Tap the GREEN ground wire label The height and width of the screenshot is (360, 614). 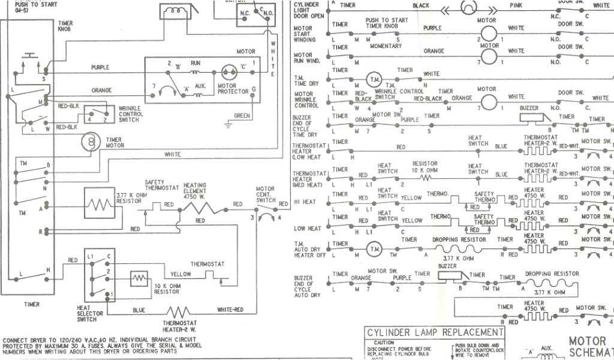pyautogui.click(x=242, y=116)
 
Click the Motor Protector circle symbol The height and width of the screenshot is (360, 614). pyautogui.click(x=228, y=73)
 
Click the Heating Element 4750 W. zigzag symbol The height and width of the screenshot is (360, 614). pyautogui.click(x=196, y=208)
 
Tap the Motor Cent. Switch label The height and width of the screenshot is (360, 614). pyautogui.click(x=265, y=193)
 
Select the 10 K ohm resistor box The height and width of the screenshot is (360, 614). pyautogui.click(x=139, y=280)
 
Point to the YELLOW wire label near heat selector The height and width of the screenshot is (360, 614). pyautogui.click(x=180, y=274)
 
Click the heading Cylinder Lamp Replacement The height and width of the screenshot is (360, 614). pyautogui.click(x=435, y=332)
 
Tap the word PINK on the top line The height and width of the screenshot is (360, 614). pyautogui.click(x=516, y=5)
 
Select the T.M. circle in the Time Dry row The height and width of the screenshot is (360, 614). pyautogui.click(x=374, y=80)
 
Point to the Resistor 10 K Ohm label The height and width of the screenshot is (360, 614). pyautogui.click(x=425, y=167)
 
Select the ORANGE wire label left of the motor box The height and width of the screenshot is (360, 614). pyautogui.click(x=101, y=91)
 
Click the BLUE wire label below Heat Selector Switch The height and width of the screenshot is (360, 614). pyautogui.click(x=139, y=310)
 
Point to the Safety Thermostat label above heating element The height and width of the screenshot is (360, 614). pyautogui.click(x=162, y=185)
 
